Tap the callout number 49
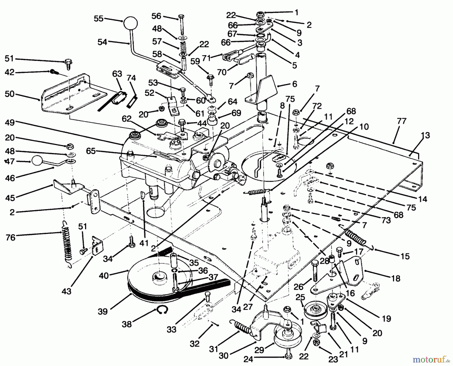pyautogui.click(x=10, y=123)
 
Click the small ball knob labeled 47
pyautogui.click(x=37, y=161)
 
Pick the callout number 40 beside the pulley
pyautogui.click(x=104, y=275)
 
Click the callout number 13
pyautogui.click(x=425, y=135)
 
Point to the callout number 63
pyautogui.click(x=117, y=74)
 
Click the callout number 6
pyautogui.click(x=294, y=84)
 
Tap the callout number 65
pyautogui.click(x=91, y=151)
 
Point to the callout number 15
pyautogui.click(x=405, y=256)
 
